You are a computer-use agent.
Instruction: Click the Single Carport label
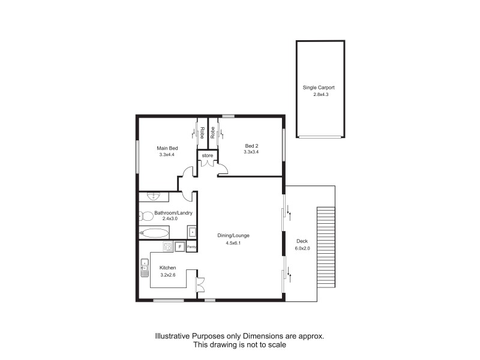318,88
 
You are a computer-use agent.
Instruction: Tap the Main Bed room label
167,148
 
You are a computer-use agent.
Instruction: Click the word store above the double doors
207,156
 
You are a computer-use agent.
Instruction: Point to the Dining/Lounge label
233,236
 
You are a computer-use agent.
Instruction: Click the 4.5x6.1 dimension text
233,244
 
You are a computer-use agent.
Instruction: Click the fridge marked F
179,246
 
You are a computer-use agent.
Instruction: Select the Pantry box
191,247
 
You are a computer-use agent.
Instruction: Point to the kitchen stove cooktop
168,247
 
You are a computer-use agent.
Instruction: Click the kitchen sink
145,266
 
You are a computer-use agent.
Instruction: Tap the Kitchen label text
167,268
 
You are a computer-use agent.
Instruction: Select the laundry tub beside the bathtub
191,231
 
